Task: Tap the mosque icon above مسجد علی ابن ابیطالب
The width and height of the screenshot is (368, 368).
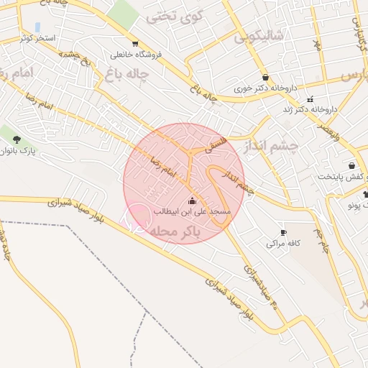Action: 192,201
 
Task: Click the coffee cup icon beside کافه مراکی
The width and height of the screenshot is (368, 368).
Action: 283,232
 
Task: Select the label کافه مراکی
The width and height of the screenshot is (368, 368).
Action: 282,244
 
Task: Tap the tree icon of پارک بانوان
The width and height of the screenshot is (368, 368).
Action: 17,139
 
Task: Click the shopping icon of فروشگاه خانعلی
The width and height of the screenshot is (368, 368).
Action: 134,43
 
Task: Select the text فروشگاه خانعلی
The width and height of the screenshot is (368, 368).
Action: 141,55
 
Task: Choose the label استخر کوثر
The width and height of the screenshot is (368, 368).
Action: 39,36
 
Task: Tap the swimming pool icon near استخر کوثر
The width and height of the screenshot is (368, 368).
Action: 37,27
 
